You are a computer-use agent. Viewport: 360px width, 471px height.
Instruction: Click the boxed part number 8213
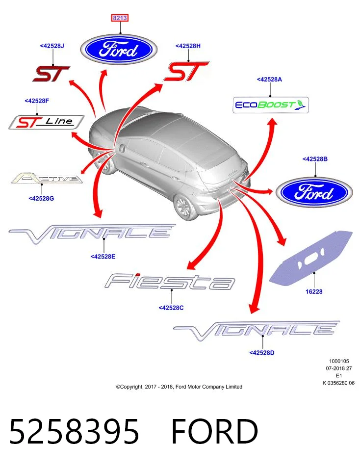tap(120, 18)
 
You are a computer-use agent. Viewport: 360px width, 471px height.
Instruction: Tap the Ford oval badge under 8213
tap(119, 50)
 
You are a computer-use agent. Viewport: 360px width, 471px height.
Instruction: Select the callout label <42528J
tap(52, 46)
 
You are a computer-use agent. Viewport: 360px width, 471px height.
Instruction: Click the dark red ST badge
tap(51, 74)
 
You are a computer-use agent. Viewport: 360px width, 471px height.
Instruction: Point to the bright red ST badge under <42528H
tap(186, 72)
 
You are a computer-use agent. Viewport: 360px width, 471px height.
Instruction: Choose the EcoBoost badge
tap(271, 105)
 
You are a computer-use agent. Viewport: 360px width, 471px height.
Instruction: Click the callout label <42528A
tap(269, 79)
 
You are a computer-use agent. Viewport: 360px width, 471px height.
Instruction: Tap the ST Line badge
tap(46, 122)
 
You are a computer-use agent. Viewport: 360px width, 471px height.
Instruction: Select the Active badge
tap(47, 178)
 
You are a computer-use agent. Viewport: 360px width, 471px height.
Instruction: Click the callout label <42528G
tap(41, 198)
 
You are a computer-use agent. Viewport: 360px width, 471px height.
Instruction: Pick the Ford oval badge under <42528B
tap(314, 192)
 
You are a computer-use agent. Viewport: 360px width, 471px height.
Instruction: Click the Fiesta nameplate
tap(170, 281)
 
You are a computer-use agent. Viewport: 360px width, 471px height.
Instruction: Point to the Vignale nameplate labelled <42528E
tap(92, 234)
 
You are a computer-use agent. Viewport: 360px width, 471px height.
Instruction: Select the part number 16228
tap(314, 291)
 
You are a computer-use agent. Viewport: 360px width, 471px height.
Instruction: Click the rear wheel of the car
tap(186, 207)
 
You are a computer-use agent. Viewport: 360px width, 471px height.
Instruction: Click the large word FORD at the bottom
tap(215, 431)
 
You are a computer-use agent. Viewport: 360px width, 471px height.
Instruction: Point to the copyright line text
tap(179, 387)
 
